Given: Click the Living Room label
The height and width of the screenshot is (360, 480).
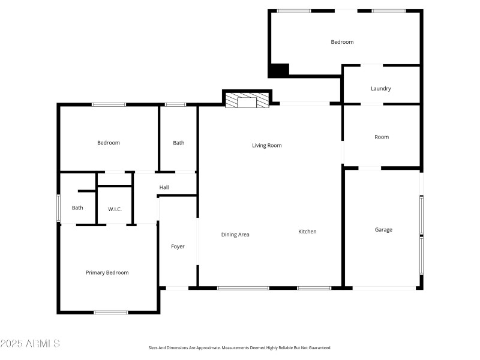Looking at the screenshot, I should pyautogui.click(x=266, y=145).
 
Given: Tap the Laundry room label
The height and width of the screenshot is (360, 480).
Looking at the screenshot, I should pyautogui.click(x=381, y=89).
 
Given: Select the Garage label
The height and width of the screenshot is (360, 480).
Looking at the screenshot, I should pyautogui.click(x=383, y=230).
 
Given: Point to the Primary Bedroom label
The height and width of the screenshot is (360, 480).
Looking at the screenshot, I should pyautogui.click(x=107, y=272).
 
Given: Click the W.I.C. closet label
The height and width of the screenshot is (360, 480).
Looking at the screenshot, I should pyautogui.click(x=115, y=209).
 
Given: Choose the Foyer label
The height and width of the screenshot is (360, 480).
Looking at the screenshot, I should pyautogui.click(x=178, y=247).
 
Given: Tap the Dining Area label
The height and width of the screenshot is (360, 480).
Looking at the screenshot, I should pyautogui.click(x=235, y=235).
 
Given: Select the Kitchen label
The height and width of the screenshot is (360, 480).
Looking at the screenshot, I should pyautogui.click(x=307, y=232).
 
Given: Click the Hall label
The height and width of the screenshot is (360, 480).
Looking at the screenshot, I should pyautogui.click(x=164, y=188).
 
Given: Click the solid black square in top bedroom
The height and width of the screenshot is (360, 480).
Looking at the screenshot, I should pyautogui.click(x=278, y=70).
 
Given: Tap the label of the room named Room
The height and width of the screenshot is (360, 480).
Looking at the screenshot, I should pyautogui.click(x=382, y=137).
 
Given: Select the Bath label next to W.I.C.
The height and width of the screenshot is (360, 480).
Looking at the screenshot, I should pyautogui.click(x=77, y=208).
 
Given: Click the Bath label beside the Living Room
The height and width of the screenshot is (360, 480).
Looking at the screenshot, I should pyautogui.click(x=179, y=143).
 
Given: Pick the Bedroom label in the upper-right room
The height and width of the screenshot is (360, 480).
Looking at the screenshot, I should pyautogui.click(x=342, y=42).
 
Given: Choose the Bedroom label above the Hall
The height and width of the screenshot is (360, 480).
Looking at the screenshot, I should pyautogui.click(x=109, y=143).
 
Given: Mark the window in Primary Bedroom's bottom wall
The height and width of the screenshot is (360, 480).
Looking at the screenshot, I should pyautogui.click(x=111, y=312).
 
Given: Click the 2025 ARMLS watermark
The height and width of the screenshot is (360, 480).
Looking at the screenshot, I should pyautogui.click(x=30, y=344).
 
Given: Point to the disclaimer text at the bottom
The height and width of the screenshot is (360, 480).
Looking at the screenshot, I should pyautogui.click(x=240, y=348).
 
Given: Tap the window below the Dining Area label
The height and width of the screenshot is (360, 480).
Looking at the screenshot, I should pyautogui.click(x=243, y=288).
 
